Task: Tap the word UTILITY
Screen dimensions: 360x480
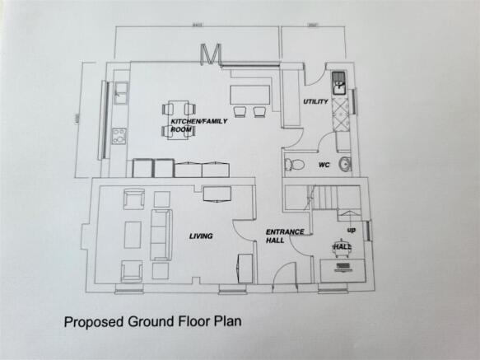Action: [x=315, y=102]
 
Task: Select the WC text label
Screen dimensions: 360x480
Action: [x=324, y=165]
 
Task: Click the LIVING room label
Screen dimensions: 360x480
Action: [x=200, y=236]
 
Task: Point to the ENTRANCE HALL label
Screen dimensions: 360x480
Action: [x=285, y=236]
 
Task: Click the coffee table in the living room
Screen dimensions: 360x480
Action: [x=133, y=236]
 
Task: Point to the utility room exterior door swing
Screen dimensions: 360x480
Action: [x=313, y=80]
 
